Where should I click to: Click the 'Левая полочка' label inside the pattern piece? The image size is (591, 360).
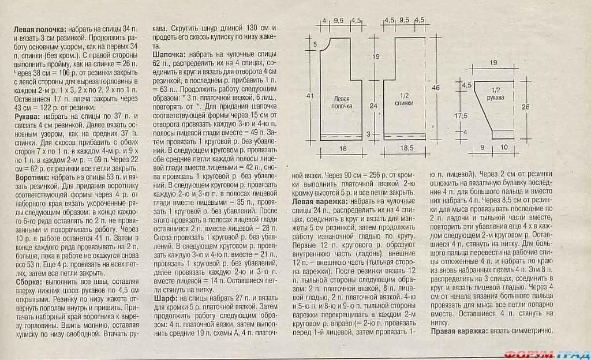pos(341,102)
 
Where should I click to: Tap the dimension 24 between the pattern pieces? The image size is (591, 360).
pos(374,106)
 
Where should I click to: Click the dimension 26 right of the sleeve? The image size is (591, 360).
pos(525,107)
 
